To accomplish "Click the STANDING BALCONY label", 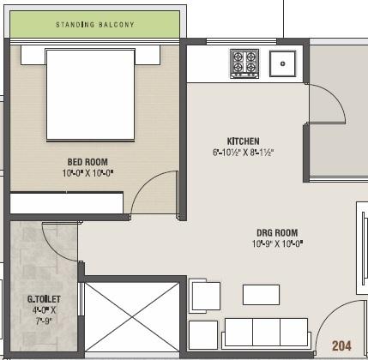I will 95,25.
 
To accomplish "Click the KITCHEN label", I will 243,141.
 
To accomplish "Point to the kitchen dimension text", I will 243,153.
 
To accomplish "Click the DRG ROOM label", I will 276,233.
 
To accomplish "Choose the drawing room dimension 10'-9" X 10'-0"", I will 276,244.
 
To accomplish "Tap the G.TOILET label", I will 42,300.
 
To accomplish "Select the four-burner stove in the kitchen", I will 244,63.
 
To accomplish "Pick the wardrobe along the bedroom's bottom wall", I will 67,203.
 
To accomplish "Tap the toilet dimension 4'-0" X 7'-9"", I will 42,315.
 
